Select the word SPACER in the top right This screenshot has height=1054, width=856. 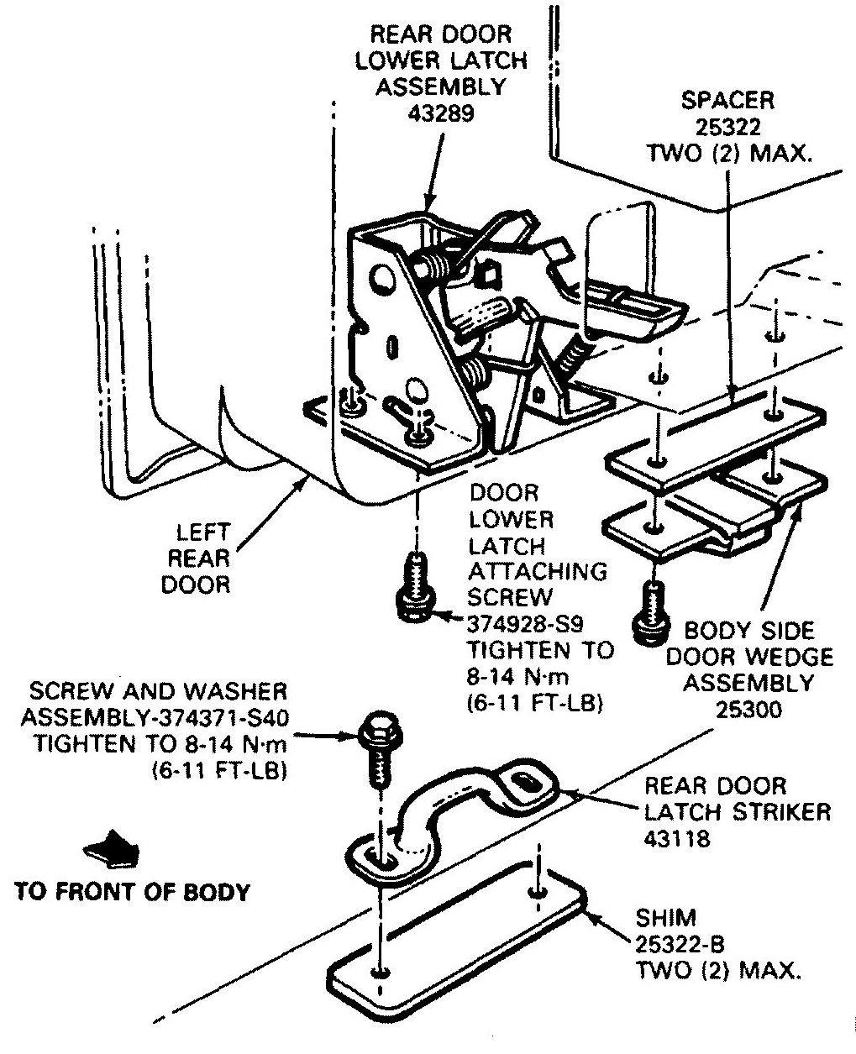(x=727, y=101)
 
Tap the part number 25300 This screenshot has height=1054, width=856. (x=748, y=710)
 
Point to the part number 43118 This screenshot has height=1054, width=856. (x=677, y=838)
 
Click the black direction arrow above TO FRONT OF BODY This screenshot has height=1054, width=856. (x=111, y=850)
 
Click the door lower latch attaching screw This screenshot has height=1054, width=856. (x=416, y=587)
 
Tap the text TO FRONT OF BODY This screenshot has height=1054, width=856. (x=133, y=891)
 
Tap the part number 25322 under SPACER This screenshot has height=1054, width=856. (x=727, y=127)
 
